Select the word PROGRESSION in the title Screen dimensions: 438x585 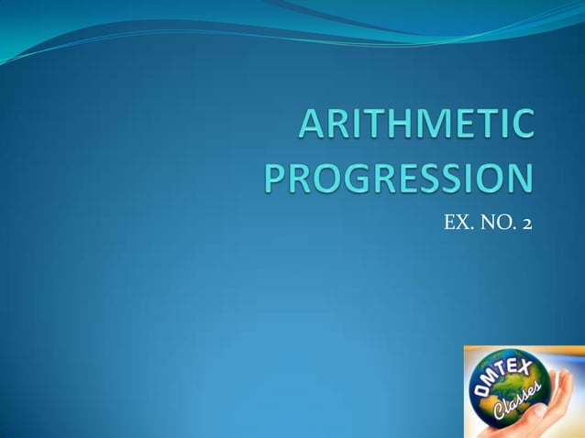click(397, 176)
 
